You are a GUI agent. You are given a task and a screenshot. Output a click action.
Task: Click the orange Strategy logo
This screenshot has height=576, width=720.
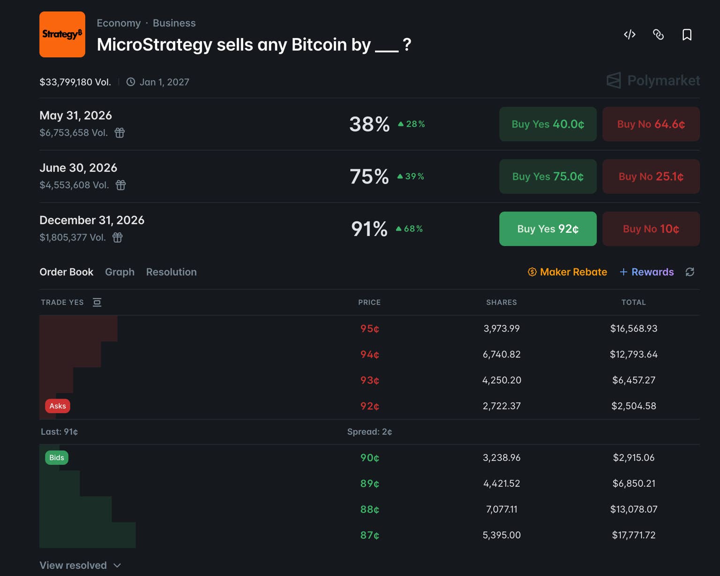coord(62,34)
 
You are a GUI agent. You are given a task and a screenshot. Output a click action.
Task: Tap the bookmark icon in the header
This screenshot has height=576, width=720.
coord(687,35)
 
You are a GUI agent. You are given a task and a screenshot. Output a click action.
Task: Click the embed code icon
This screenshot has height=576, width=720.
coord(630,35)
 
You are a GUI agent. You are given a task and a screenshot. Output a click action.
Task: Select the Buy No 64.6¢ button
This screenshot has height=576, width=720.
coord(651,124)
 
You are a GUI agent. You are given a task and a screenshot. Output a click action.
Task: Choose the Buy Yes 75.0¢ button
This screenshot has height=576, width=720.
coord(548,176)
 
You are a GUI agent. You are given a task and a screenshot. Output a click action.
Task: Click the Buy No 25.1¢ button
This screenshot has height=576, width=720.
coord(651,176)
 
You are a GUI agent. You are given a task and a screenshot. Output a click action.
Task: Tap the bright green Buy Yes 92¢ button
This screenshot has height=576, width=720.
coord(548,229)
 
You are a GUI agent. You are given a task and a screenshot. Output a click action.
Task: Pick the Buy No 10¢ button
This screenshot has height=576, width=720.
coord(651,229)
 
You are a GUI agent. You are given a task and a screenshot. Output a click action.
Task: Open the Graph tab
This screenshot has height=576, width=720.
coord(120,272)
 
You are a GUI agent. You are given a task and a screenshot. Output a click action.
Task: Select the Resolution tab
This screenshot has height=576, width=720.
coord(171,272)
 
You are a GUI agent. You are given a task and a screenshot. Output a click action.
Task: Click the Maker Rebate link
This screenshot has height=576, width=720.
coord(568,272)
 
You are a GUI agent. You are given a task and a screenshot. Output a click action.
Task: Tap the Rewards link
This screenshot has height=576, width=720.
coord(647,272)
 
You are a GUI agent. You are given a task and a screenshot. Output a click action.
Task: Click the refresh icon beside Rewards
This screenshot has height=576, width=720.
coord(690,272)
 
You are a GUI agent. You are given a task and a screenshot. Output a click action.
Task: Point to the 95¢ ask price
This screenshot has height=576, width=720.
coord(370,329)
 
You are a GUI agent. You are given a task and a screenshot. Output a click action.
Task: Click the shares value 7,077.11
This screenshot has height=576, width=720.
coord(502,509)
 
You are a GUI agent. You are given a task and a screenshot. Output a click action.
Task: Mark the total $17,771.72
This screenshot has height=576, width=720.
coord(634,535)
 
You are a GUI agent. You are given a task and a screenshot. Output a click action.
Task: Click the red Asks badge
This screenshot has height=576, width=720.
coord(58,406)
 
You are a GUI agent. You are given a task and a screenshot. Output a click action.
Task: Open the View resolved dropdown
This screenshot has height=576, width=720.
coord(80,565)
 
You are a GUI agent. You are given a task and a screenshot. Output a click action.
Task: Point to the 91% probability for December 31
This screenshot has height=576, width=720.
coord(369,229)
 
